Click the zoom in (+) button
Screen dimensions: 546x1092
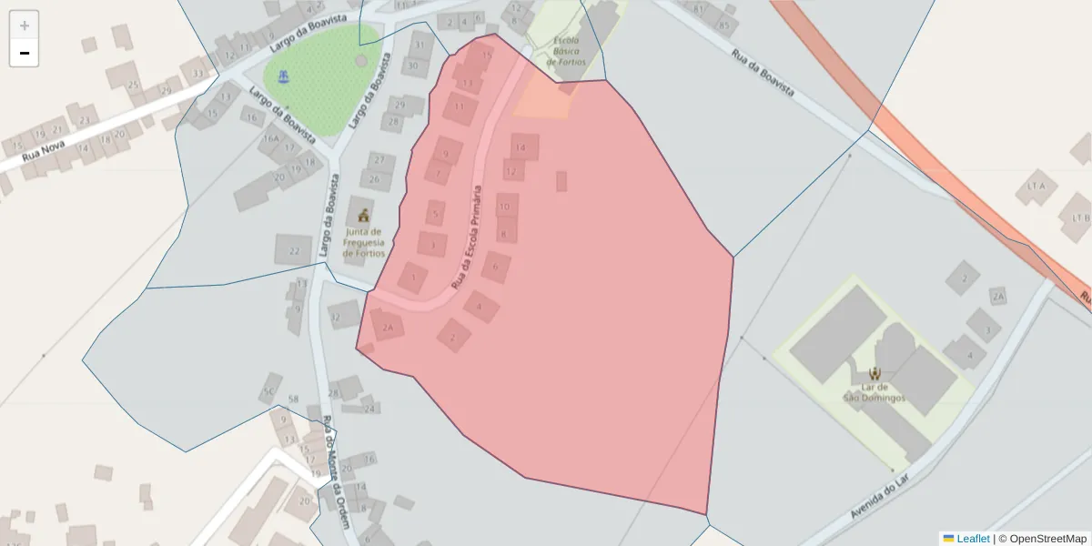[x=25, y=25]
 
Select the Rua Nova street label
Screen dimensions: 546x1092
[x=45, y=148]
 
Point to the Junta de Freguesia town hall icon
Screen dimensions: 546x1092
[x=364, y=216]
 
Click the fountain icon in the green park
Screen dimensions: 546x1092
[x=286, y=76]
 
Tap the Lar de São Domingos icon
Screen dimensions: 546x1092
[x=875, y=373]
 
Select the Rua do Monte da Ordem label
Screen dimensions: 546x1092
[x=336, y=473]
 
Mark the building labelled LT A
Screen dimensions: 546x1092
[x=1036, y=186]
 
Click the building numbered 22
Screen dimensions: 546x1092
[x=294, y=250]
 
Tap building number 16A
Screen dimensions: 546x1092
[x=270, y=138]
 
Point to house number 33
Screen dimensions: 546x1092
[x=197, y=72]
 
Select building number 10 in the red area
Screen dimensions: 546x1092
[x=505, y=207]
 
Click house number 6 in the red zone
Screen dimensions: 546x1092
[x=496, y=267]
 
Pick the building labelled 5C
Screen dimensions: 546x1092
[x=268, y=391]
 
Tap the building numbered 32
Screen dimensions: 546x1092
[x=336, y=318]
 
